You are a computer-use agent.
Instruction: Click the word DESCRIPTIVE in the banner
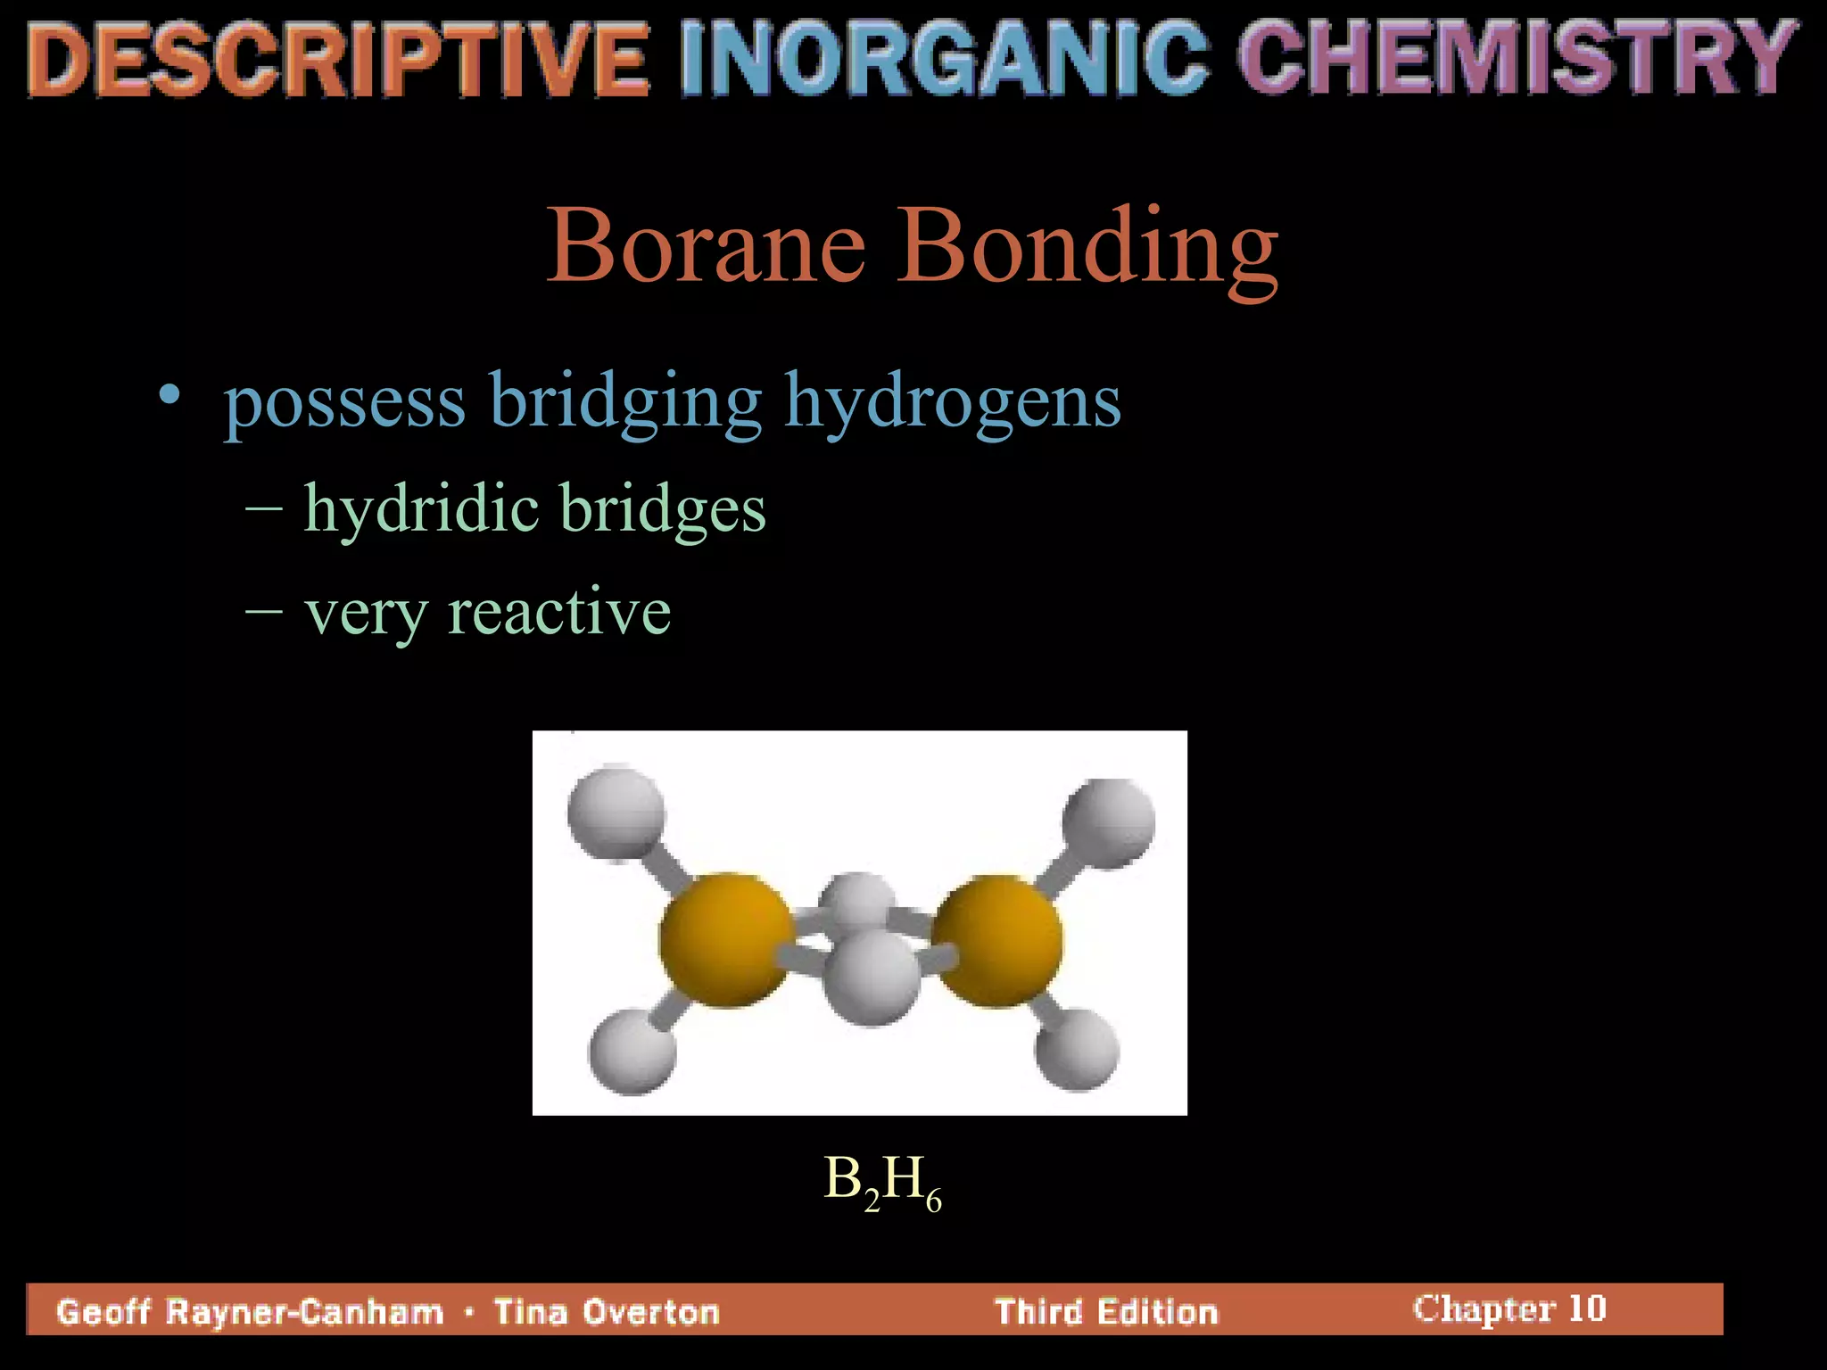point(337,60)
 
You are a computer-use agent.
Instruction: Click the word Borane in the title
point(706,245)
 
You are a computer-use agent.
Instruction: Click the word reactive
point(559,613)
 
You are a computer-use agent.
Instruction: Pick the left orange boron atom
point(726,941)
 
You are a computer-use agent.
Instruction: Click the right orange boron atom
point(997,941)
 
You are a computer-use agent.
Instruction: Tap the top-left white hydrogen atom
point(616,813)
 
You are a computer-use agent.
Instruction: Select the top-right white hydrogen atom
point(1109,821)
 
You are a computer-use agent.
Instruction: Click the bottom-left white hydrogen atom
point(632,1052)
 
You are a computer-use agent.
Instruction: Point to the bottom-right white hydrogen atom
point(1077,1049)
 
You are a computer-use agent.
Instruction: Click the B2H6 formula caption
point(882,1183)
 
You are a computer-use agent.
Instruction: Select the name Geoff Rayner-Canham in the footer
point(250,1312)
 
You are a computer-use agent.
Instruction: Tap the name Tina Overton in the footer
point(607,1312)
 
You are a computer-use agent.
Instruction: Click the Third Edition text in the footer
point(1106,1312)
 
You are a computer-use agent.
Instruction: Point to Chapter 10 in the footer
point(1509,1308)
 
